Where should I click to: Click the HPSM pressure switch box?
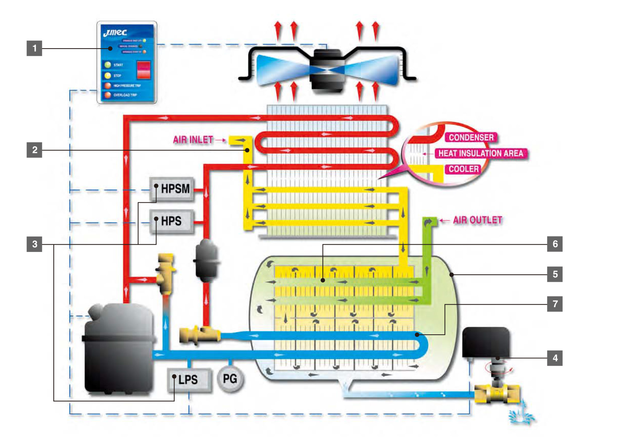coord(172,189)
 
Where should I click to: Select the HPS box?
coord(171,221)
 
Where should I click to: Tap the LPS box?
coord(189,379)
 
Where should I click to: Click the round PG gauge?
coord(230,379)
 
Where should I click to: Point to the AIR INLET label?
coord(193,140)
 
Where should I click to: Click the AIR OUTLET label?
coord(477,220)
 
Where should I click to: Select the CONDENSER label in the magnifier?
coord(471,138)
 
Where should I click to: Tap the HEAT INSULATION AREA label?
coord(481,153)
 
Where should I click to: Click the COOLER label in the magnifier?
coord(463,169)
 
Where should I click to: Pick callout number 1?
coord(34,48)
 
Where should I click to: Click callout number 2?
coord(34,150)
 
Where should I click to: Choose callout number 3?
coord(34,244)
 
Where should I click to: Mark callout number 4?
coord(555,358)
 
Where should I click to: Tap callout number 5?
coord(555,274)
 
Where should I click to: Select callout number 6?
coord(555,244)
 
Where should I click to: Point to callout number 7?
coord(555,304)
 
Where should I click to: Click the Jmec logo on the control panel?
coord(115,33)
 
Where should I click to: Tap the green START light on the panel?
coord(107,65)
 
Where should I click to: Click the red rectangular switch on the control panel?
coord(143,70)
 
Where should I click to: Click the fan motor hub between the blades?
coord(327,70)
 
